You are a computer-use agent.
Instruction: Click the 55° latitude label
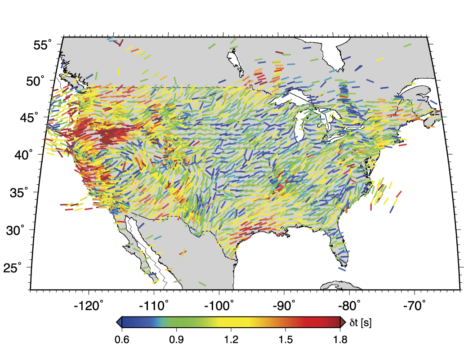tap(42, 45)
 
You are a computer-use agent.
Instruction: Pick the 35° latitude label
tap(19, 193)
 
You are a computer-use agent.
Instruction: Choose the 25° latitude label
tap(9, 268)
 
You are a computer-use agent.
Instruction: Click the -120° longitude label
tap(89, 307)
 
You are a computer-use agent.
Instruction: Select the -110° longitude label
tap(154, 307)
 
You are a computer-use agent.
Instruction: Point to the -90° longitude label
tap(285, 307)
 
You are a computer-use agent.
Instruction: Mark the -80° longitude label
tap(349, 307)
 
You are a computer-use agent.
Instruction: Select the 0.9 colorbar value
tap(176, 340)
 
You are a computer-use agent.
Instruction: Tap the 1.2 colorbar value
tap(231, 340)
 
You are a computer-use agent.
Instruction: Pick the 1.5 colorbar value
tap(285, 340)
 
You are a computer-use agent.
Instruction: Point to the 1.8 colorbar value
tap(340, 340)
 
